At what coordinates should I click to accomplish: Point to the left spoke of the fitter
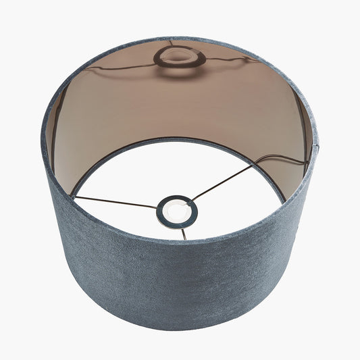[115, 201]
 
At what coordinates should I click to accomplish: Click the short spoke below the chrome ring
[182, 233]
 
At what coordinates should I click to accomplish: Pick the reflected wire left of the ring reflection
[122, 68]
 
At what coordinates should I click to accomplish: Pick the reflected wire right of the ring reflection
[233, 59]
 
